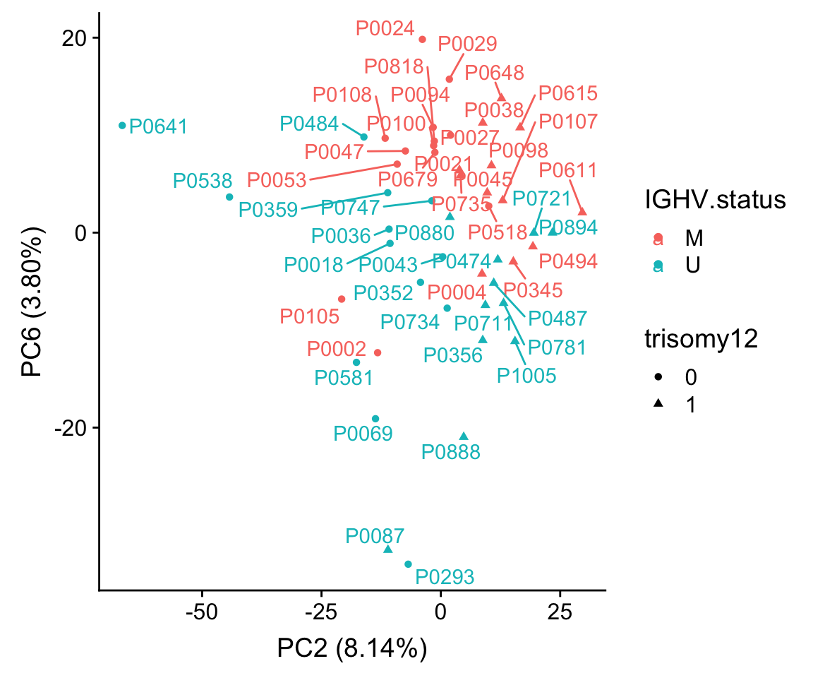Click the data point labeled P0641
[122, 126]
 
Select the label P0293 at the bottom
[445, 577]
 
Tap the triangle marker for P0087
[387, 549]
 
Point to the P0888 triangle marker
[464, 436]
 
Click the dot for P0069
[375, 419]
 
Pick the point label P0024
[385, 28]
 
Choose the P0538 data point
[229, 197]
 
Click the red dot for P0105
[342, 299]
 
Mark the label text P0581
[344, 378]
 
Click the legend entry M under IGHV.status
[689, 239]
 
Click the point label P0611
[568, 171]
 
